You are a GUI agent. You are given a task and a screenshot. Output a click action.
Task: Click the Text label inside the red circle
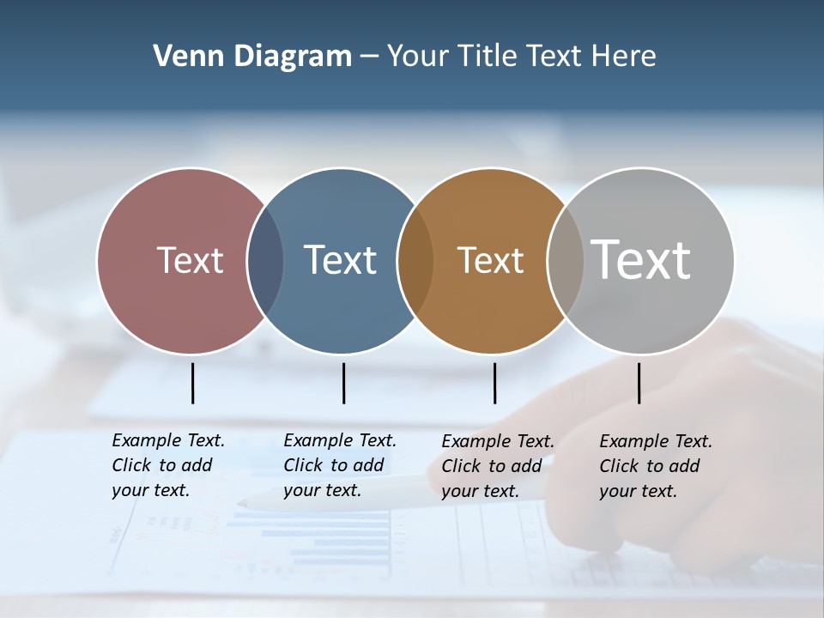tap(190, 260)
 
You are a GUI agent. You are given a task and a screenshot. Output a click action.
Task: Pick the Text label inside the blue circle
tap(340, 260)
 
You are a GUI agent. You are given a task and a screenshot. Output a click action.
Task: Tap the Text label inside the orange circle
tap(490, 260)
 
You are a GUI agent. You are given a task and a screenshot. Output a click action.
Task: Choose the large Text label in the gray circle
tap(641, 259)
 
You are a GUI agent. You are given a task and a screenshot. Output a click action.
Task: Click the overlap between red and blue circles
tap(265, 261)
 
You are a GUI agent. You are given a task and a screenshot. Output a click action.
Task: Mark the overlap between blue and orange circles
tap(415, 261)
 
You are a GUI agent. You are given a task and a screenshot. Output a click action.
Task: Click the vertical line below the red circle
tap(192, 383)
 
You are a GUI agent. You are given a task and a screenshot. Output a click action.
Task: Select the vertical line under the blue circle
tap(343, 383)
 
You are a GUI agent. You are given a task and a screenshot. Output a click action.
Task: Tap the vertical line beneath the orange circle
tap(494, 383)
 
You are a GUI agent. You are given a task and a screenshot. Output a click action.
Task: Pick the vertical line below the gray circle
tap(639, 383)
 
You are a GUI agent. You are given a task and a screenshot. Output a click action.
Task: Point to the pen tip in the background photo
tap(243, 503)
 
